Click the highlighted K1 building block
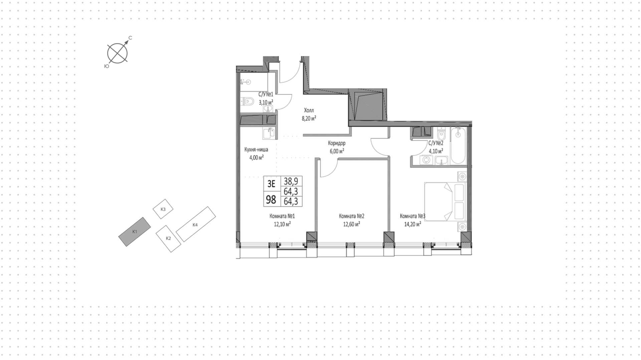(135, 232)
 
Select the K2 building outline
(169, 238)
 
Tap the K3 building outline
(163, 209)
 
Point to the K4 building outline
(196, 224)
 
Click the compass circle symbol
(118, 53)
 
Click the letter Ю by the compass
(106, 66)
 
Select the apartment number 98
(271, 200)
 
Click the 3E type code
(271, 184)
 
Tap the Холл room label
(309, 110)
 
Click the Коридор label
(337, 143)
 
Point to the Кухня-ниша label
(256, 150)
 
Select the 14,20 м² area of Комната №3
(413, 224)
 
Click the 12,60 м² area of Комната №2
(352, 224)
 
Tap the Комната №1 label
(282, 216)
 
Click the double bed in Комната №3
(445, 201)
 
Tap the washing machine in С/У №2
(426, 160)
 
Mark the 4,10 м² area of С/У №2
(436, 151)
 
